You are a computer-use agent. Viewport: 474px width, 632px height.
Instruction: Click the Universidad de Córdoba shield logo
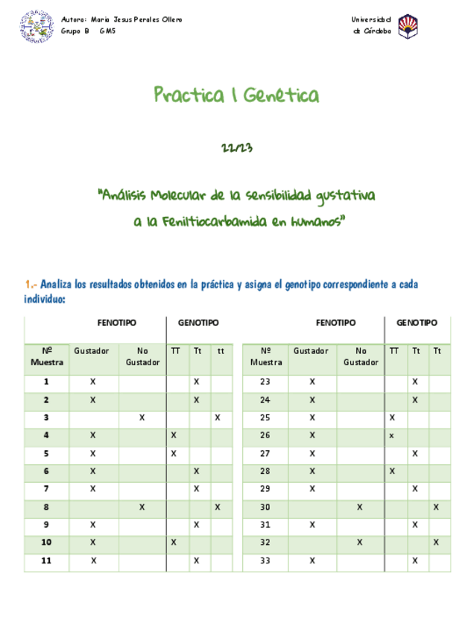coord(408,26)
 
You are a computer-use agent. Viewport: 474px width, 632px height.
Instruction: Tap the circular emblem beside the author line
coord(37,26)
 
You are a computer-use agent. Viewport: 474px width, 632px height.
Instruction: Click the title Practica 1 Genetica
coord(236,95)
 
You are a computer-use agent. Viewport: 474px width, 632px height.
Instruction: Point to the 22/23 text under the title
coord(237,148)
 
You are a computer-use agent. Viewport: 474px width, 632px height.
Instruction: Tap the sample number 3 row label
coord(46,417)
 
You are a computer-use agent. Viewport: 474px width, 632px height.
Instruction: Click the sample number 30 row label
coord(265,507)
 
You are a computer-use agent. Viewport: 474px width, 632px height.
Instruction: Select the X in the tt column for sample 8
coord(218,507)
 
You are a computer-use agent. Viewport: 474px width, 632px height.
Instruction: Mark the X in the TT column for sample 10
coord(174,543)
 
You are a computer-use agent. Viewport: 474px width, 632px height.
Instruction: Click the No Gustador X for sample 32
coord(359,543)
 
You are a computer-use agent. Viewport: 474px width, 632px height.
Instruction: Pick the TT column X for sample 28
coord(392,471)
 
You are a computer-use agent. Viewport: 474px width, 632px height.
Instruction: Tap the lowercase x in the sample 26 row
coord(391,435)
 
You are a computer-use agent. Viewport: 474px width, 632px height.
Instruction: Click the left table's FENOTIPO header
coord(117,323)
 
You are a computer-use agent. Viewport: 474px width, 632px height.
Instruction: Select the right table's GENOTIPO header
coord(417,323)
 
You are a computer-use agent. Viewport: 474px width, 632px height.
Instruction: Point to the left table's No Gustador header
coord(142,357)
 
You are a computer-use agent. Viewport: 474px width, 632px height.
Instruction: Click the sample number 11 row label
coord(46,560)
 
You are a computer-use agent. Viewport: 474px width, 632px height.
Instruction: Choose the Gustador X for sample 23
coord(312,382)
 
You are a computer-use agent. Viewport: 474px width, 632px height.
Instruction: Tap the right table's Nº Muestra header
coord(266,357)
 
